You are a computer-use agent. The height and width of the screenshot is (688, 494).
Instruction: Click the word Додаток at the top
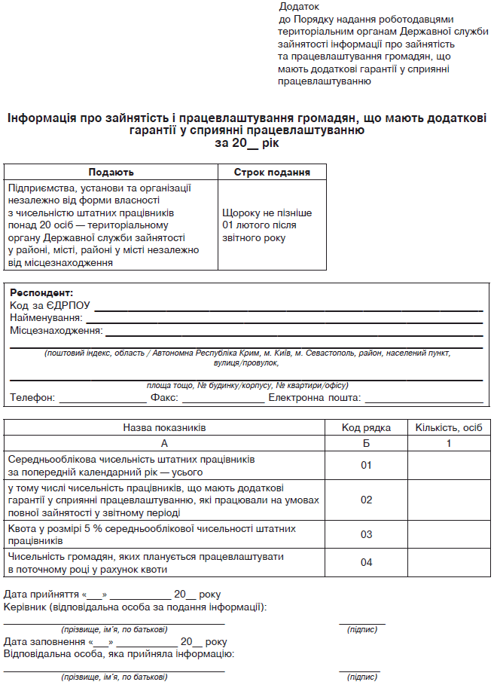coord(298,7)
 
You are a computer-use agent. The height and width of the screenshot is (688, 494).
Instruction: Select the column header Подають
coord(111,173)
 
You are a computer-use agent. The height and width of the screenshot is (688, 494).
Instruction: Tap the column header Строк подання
coord(273,173)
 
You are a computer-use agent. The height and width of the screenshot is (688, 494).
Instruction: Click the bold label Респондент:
coord(41,292)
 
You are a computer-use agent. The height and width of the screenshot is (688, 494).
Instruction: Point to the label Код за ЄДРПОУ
coord(50,305)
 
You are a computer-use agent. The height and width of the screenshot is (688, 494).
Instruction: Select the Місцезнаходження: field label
coord(56,331)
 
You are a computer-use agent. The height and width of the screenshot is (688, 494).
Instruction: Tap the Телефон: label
coord(32,398)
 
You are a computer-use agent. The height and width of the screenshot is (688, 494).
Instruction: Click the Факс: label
coord(164,398)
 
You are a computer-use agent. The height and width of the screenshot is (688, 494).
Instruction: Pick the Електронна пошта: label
coord(314,398)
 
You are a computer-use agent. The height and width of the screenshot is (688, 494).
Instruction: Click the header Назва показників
coord(164,428)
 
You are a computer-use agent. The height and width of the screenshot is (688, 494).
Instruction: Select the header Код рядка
coord(366,428)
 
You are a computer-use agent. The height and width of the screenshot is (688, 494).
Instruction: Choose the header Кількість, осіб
coord(449,428)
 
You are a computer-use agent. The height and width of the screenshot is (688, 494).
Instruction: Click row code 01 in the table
coord(366,466)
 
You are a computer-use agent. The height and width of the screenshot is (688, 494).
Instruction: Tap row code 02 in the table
coord(366,500)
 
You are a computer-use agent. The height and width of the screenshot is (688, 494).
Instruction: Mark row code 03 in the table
coord(366,534)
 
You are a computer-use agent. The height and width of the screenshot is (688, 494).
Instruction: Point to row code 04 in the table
coord(366,562)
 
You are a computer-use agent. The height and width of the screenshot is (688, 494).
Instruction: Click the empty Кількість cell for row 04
coord(449,562)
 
